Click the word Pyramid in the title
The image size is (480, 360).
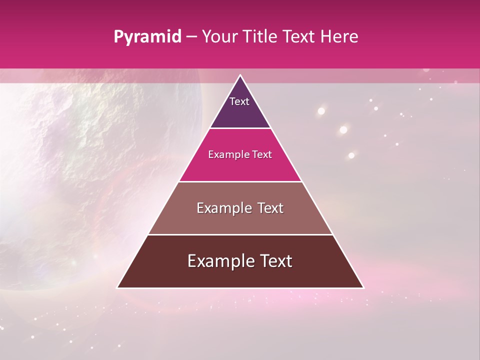coord(147,37)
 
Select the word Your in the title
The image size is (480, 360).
coord(218,37)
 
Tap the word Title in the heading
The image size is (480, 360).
coord(260,37)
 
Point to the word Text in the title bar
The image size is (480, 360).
coord(300,37)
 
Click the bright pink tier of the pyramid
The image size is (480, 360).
coord(240,167)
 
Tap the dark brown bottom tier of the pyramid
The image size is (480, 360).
coord(240,275)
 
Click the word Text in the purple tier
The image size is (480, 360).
coord(239,101)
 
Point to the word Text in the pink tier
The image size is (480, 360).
coord(262,155)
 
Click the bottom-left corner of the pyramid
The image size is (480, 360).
coord(118,287)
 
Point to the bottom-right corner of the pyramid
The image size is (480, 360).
coord(363,287)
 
